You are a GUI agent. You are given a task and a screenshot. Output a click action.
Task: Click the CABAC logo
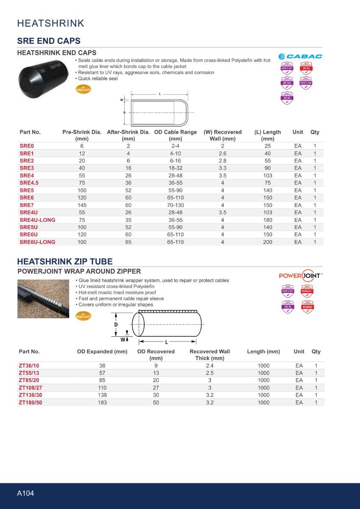click(x=300, y=56)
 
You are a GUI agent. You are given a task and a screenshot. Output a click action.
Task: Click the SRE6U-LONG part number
click(x=37, y=242)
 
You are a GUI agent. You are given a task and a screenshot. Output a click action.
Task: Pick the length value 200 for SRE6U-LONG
click(x=268, y=242)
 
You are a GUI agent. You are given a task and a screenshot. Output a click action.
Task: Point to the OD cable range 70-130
click(x=175, y=205)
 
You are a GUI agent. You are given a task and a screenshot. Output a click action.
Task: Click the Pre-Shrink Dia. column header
click(x=82, y=135)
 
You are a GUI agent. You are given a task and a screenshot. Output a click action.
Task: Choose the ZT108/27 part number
click(x=31, y=387)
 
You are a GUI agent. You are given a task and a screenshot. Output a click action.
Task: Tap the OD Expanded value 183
click(x=102, y=402)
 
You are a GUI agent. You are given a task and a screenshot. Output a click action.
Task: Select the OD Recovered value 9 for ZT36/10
click(x=156, y=365)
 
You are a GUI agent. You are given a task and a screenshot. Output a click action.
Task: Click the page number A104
click(x=25, y=493)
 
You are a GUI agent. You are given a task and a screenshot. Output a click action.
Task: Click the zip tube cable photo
click(x=43, y=299)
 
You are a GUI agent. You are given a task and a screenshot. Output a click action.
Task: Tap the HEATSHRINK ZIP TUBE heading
click(x=65, y=261)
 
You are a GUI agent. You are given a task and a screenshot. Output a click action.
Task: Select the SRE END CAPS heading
click(x=49, y=41)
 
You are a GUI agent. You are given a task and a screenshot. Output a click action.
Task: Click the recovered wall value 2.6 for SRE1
click(x=222, y=153)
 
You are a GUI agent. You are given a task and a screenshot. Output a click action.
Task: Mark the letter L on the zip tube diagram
click(x=166, y=341)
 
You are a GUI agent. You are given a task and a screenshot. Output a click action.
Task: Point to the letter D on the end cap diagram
click(x=124, y=113)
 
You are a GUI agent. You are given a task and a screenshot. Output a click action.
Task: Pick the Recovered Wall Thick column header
click(x=209, y=355)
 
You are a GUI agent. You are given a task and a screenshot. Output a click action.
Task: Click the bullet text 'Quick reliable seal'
click(x=98, y=78)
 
